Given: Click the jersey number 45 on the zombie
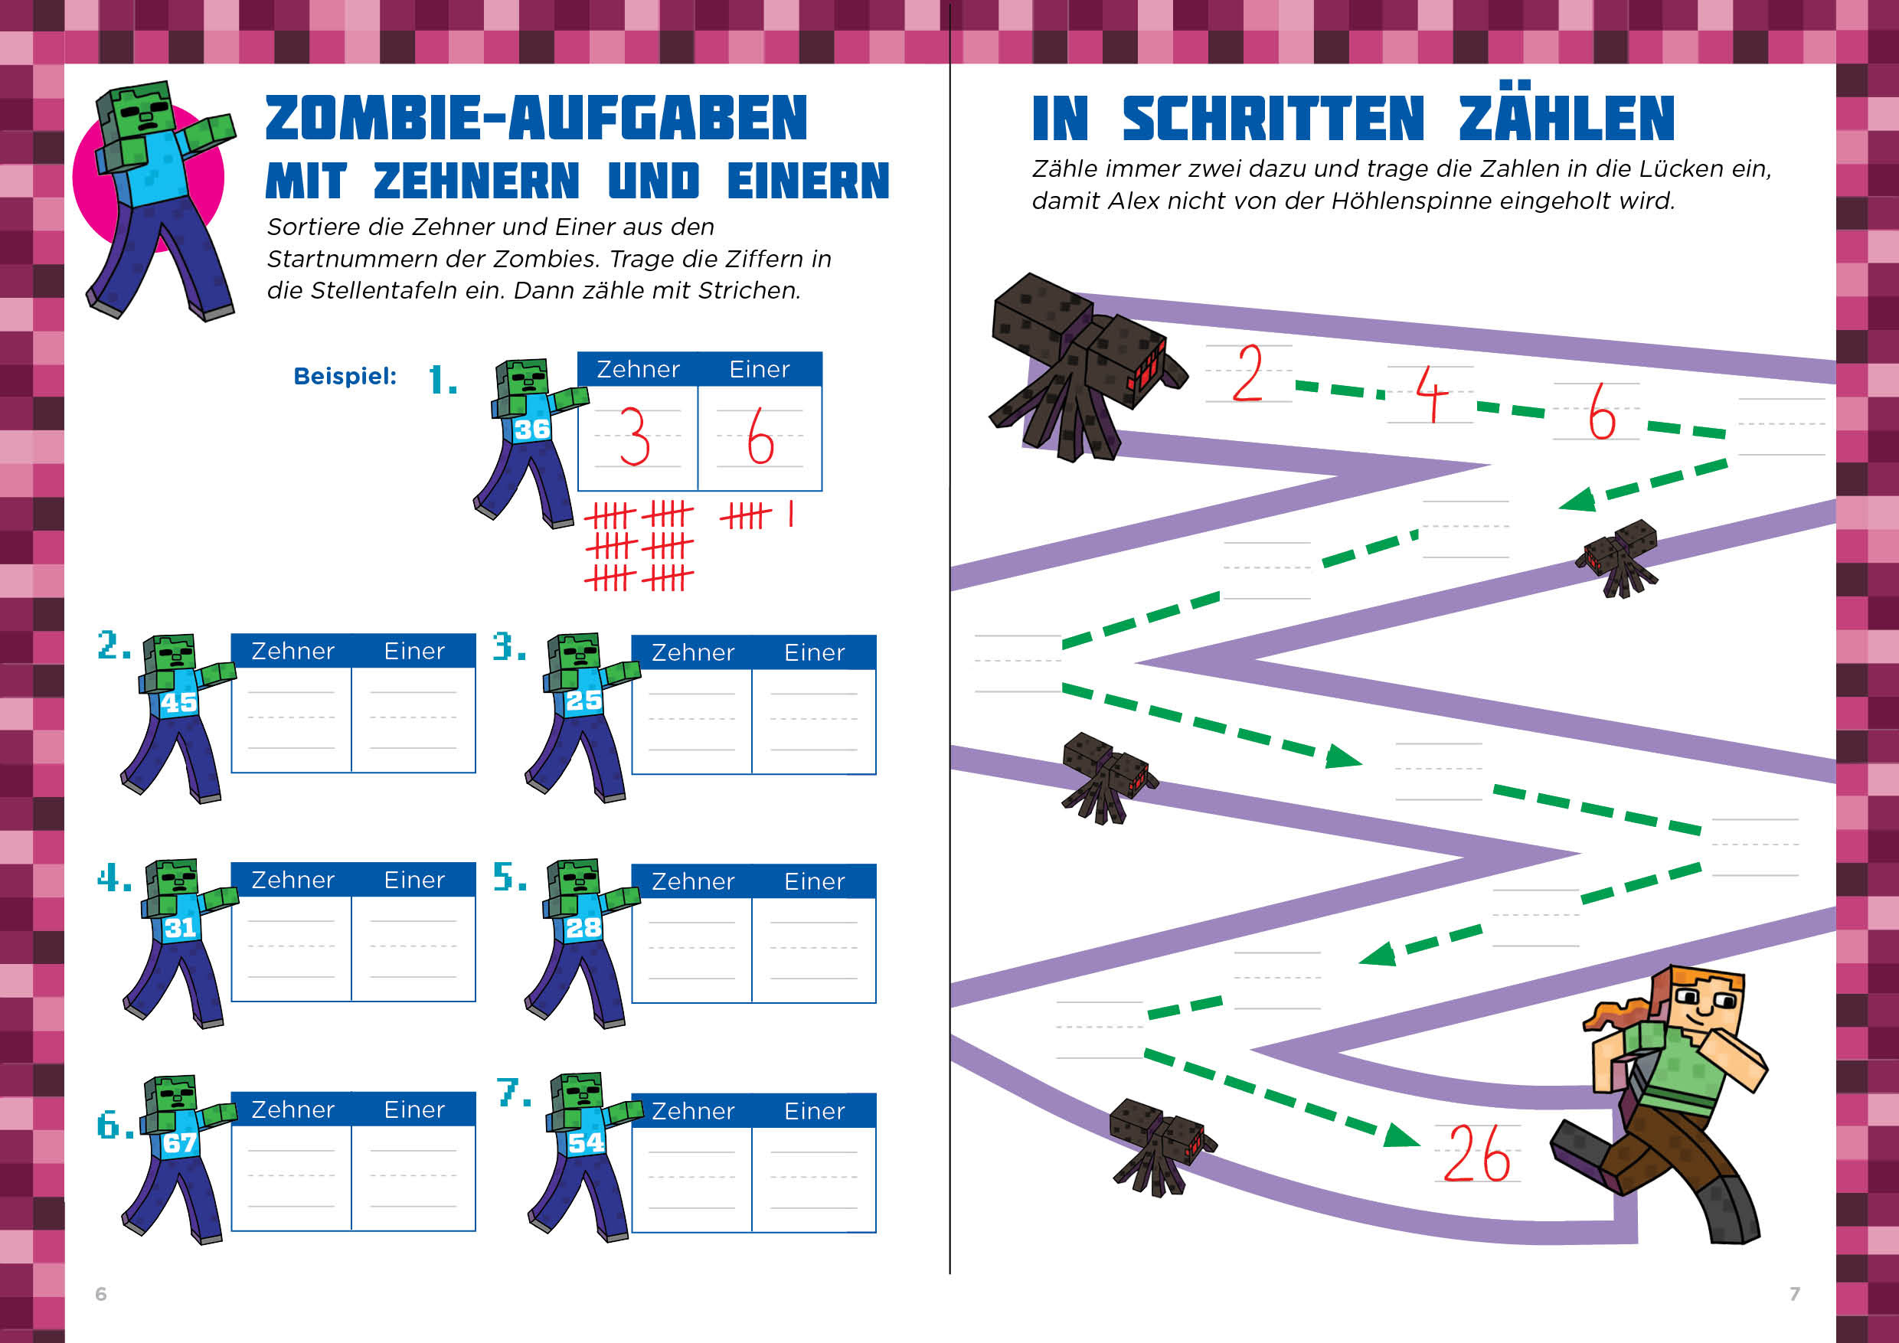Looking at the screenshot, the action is [x=178, y=702].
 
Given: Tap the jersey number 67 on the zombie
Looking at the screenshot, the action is [x=179, y=1143].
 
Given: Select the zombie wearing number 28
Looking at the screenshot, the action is [x=582, y=943].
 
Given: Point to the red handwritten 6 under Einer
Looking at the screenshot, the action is [x=760, y=436].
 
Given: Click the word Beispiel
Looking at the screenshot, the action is [x=345, y=376].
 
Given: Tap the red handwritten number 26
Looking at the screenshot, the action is [x=1476, y=1154].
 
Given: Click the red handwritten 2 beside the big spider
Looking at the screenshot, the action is [x=1247, y=373].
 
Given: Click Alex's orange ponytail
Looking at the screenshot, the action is [x=1617, y=1012].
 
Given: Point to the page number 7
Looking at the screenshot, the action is [x=1795, y=1293].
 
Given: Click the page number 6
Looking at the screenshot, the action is [x=101, y=1293].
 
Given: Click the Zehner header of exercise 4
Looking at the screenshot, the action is [x=293, y=879].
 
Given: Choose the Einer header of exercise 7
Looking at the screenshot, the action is [x=815, y=1111].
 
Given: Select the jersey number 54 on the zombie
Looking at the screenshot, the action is [x=587, y=1142].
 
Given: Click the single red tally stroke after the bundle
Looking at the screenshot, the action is [x=791, y=514].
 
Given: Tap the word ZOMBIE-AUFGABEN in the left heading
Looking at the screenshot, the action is [x=536, y=117].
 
